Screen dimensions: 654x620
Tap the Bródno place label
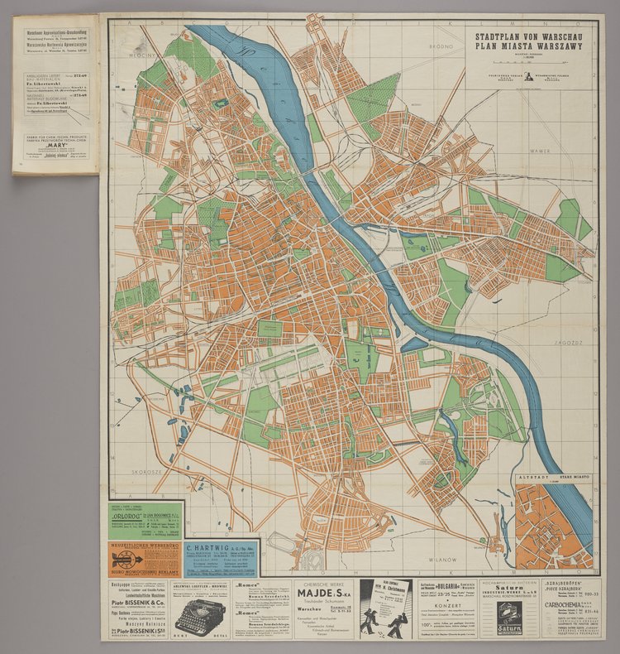coord(419,48)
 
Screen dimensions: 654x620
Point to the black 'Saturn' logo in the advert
coord(509,629)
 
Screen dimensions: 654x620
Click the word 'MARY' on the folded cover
coord(55,129)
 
